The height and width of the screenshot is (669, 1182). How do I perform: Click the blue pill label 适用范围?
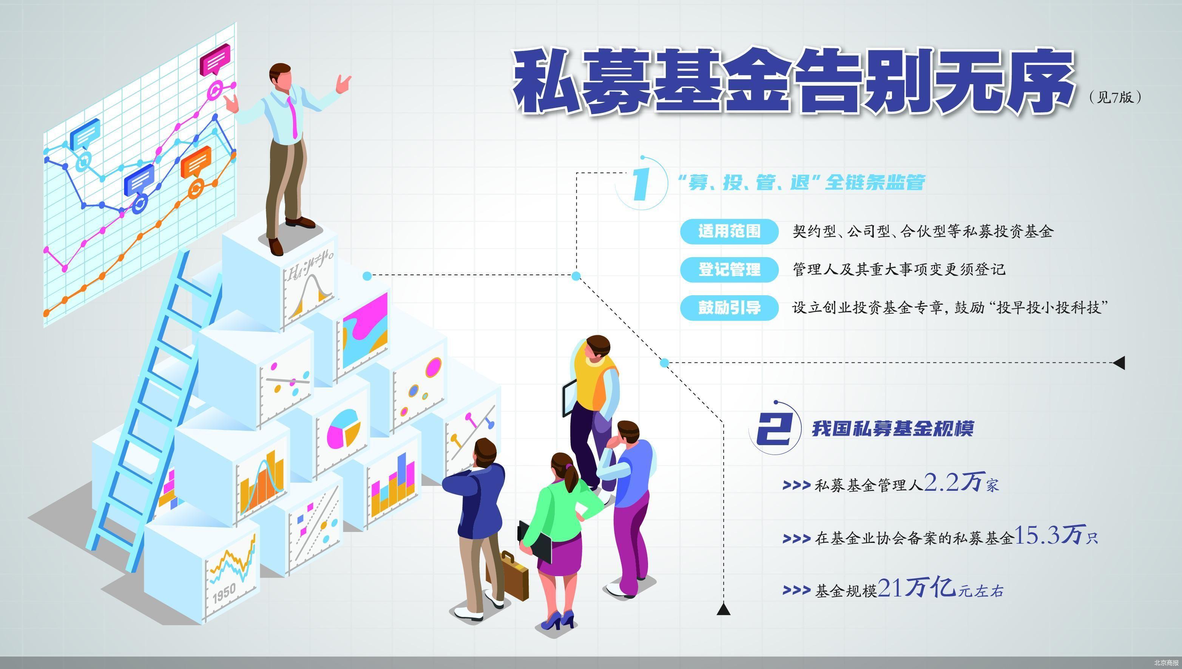click(729, 231)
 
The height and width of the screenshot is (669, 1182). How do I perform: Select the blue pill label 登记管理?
click(729, 269)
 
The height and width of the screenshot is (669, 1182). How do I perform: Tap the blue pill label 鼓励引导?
click(729, 307)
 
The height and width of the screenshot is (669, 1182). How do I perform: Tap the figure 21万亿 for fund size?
click(917, 589)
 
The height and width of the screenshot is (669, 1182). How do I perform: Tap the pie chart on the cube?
click(343, 428)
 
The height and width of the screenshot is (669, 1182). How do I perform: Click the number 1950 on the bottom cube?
click(224, 593)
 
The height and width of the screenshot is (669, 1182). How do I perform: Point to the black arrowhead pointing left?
click(1119, 362)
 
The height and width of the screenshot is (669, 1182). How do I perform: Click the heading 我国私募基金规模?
click(892, 429)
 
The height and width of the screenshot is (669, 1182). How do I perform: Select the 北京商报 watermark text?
click(1165, 663)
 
